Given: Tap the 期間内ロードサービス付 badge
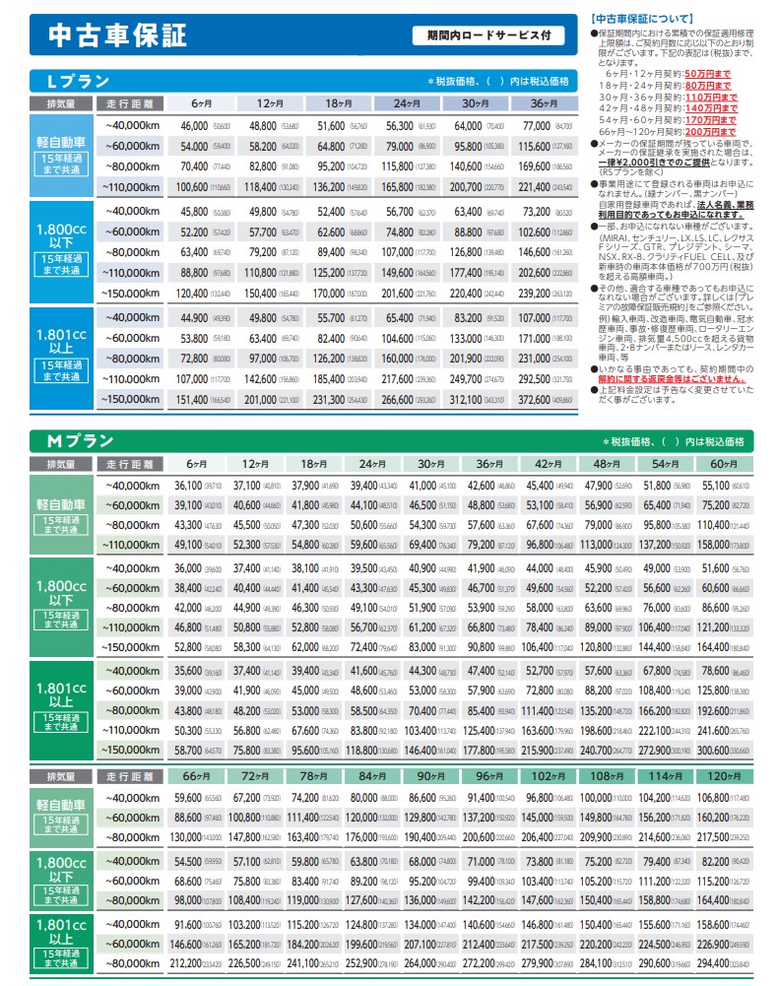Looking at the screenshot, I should coord(489,35).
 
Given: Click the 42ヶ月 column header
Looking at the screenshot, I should coord(547,464).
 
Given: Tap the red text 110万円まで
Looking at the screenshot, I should coord(710,98).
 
